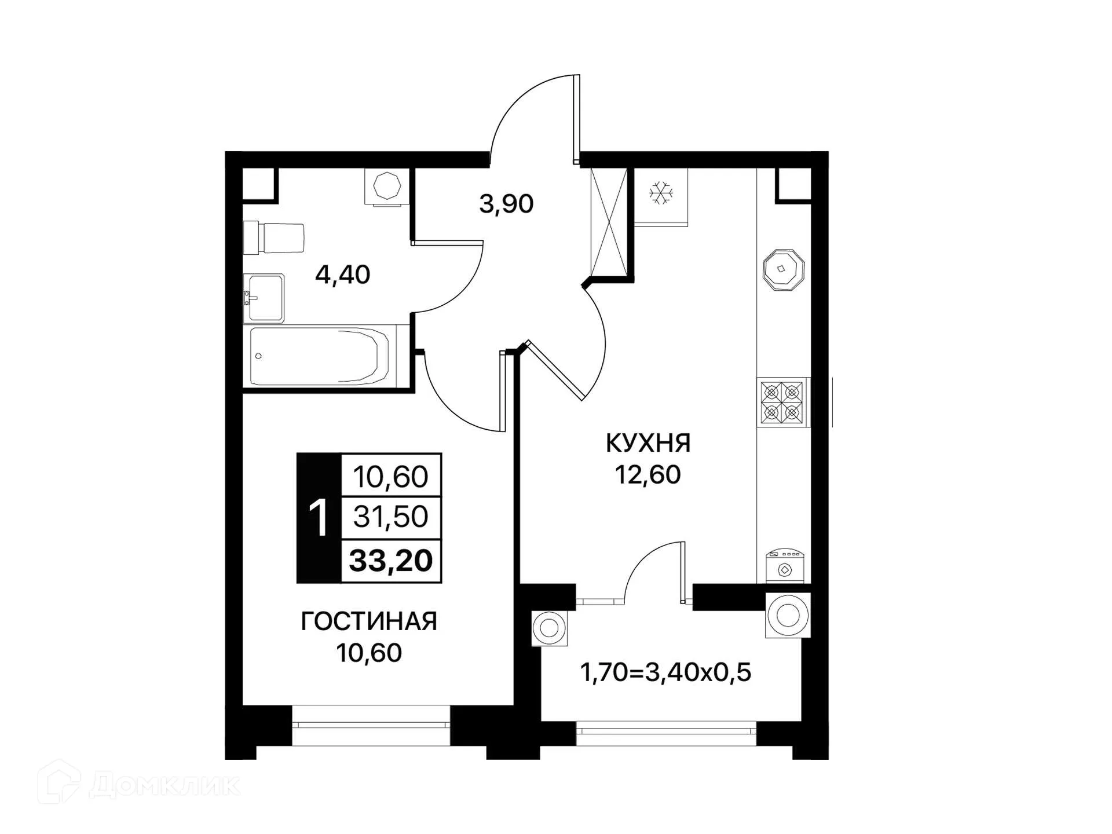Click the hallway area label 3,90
(506, 204)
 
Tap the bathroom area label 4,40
(342, 275)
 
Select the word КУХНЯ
(648, 443)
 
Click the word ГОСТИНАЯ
(369, 621)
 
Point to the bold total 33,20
(391, 561)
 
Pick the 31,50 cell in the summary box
(391, 517)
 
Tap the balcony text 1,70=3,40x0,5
(665, 673)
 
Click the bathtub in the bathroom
(319, 356)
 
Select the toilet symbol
(274, 238)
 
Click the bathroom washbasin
(264, 298)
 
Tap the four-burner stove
(782, 402)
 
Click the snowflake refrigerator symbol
(660, 193)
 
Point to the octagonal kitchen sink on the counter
(783, 269)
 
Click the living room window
(371, 725)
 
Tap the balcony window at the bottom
(666, 733)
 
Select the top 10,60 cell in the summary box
(391, 477)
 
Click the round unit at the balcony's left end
(549, 628)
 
